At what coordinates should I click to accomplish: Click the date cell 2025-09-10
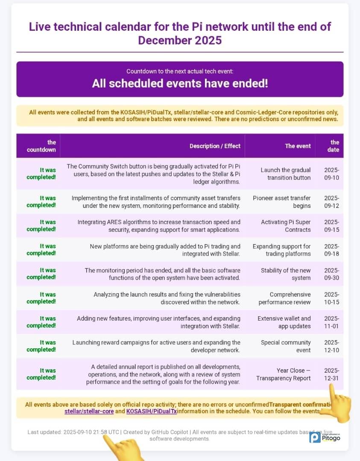(331, 174)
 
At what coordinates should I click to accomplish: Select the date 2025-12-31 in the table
(331, 374)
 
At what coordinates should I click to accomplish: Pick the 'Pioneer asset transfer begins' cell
(281, 202)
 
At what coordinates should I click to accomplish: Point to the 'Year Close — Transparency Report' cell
(284, 374)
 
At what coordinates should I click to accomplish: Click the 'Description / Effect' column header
(215, 146)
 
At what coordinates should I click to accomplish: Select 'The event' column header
(298, 146)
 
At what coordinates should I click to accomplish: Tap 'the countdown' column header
(41, 146)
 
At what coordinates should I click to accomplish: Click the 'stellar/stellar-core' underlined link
(89, 411)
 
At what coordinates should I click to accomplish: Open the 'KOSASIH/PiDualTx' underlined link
(152, 411)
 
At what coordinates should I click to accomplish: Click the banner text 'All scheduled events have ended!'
(180, 83)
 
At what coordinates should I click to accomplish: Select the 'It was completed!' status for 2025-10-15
(41, 298)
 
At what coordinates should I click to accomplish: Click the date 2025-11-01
(331, 322)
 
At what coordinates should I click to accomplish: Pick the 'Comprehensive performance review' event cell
(284, 298)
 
